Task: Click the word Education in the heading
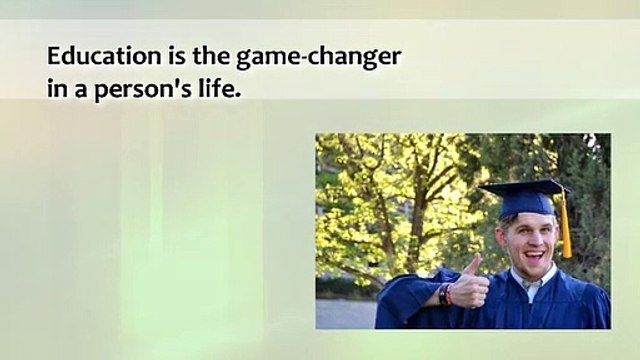[x=104, y=56]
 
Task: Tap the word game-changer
[x=319, y=58]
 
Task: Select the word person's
[x=143, y=90]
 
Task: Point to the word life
[x=216, y=87]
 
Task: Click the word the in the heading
[x=211, y=56]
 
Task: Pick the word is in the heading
[x=176, y=56]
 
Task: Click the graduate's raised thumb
[x=474, y=264]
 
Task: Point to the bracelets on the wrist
[x=445, y=295]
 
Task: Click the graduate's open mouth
[x=535, y=257]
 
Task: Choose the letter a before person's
[x=80, y=90]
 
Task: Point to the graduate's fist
[x=469, y=286]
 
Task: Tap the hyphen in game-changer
[x=303, y=59]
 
